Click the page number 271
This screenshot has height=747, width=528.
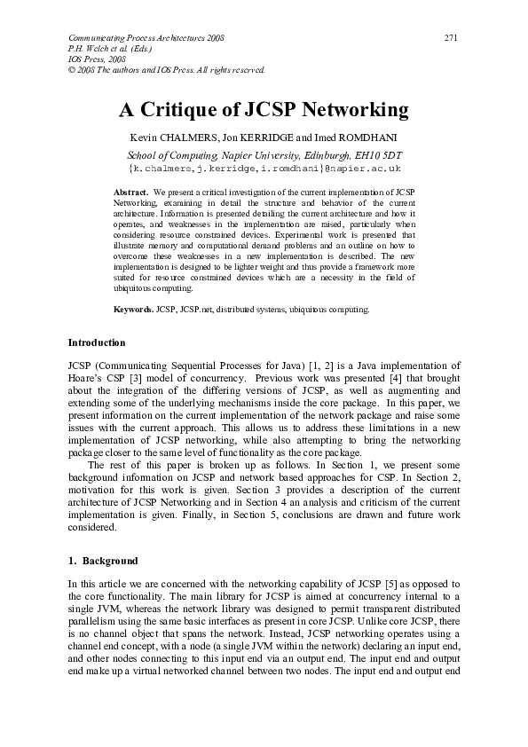[451, 39]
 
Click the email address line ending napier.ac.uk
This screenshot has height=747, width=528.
[264, 167]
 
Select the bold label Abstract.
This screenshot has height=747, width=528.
[131, 192]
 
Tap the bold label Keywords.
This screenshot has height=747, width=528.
[133, 310]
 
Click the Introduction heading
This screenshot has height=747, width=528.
[97, 342]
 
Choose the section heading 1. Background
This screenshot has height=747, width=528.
[103, 562]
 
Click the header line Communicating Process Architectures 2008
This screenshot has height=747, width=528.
[146, 39]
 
